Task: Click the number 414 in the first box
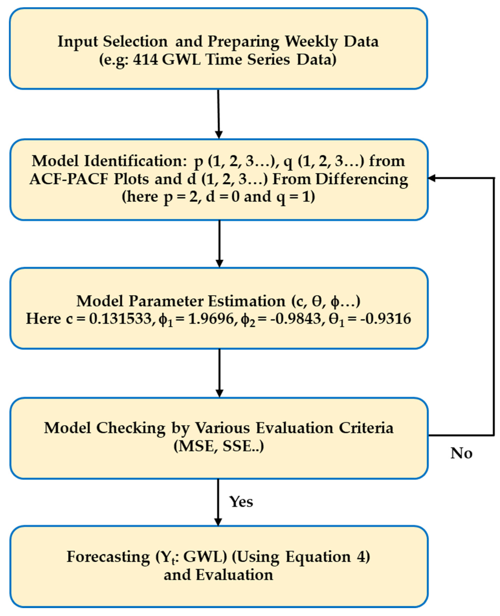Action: (145, 60)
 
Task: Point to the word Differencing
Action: (362, 179)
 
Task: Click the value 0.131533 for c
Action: (120, 319)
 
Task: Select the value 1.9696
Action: (211, 319)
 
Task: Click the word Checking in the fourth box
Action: (131, 428)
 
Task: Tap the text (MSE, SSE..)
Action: (219, 446)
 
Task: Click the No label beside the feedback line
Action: (461, 453)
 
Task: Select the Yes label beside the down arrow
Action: (241, 502)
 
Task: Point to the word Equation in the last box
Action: (318, 557)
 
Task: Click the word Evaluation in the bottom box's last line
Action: (234, 575)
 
